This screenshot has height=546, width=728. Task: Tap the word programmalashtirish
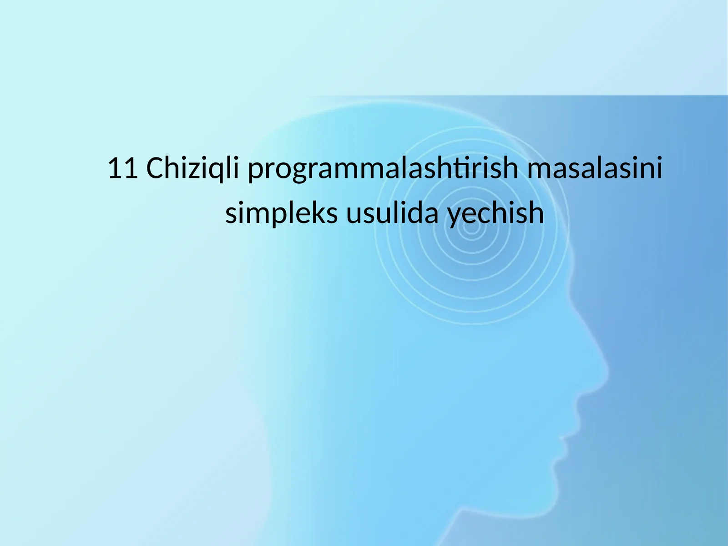click(x=383, y=170)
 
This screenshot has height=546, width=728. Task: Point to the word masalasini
click(x=594, y=169)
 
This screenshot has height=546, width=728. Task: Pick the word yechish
click(x=496, y=214)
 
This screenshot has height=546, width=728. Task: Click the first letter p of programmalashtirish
click(x=254, y=172)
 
